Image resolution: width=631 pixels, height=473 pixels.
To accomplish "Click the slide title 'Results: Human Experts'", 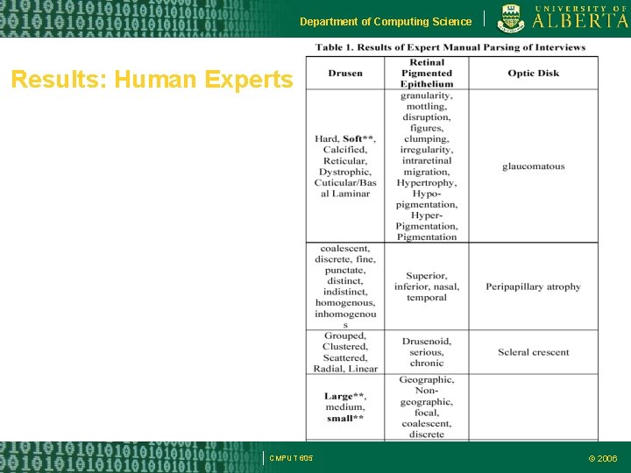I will pyautogui.click(x=152, y=81).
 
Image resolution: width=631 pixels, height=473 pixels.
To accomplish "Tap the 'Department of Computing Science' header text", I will pyautogui.click(x=386, y=21).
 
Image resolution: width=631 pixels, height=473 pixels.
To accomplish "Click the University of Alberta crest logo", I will pyautogui.click(x=511, y=18).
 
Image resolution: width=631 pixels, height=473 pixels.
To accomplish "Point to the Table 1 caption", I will pyautogui.click(x=451, y=46).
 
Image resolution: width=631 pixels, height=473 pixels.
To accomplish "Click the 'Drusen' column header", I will pyautogui.click(x=345, y=74).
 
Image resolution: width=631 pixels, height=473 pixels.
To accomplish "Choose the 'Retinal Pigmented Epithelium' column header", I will pyautogui.click(x=427, y=74).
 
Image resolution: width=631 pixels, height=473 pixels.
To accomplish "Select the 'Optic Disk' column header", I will pyautogui.click(x=533, y=74).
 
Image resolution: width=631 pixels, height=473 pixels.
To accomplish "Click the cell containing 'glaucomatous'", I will pyautogui.click(x=533, y=166).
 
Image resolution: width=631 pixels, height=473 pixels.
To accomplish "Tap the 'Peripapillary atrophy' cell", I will pyautogui.click(x=533, y=286).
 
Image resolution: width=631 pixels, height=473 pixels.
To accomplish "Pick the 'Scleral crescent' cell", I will pyautogui.click(x=533, y=352).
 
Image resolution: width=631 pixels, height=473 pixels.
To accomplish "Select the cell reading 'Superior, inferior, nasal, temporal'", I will pyautogui.click(x=427, y=286).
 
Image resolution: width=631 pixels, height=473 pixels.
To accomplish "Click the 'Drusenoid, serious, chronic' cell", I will pyautogui.click(x=427, y=352).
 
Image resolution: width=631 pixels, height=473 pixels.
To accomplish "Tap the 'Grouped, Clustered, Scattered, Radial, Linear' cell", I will pyautogui.click(x=345, y=352).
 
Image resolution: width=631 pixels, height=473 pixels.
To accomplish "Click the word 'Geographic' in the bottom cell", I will pyautogui.click(x=427, y=380).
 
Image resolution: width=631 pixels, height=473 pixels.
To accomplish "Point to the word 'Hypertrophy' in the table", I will pyautogui.click(x=427, y=183).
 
